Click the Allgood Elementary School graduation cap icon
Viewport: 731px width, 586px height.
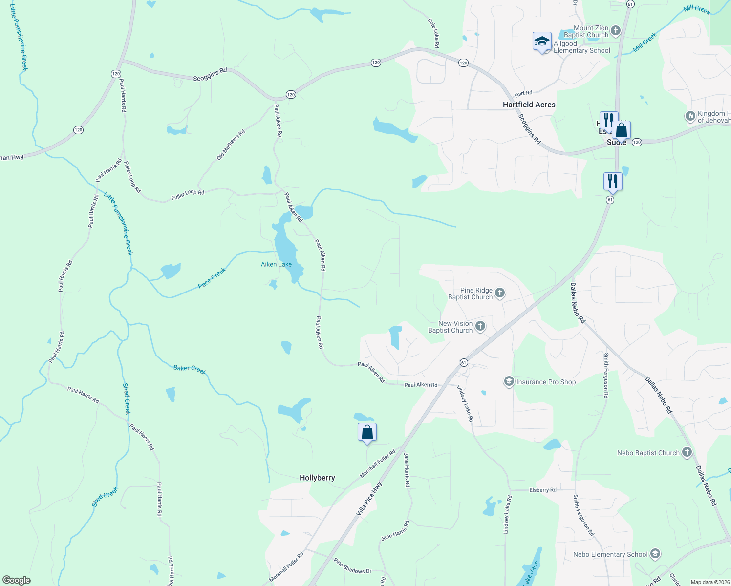tap(542, 42)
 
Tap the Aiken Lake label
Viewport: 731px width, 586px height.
tap(276, 264)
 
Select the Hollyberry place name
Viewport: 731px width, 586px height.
tap(317, 478)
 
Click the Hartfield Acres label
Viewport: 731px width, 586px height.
tap(529, 105)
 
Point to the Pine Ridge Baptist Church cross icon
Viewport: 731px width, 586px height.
tap(499, 293)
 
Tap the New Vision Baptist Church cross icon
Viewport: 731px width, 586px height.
tap(480, 326)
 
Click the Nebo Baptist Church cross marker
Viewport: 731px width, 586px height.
tap(687, 452)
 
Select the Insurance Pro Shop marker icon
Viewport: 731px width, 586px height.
tap(509, 381)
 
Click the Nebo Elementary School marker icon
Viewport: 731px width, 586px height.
tap(655, 554)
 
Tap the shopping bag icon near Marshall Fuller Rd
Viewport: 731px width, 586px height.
tap(367, 433)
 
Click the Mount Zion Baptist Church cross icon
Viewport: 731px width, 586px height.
tap(616, 31)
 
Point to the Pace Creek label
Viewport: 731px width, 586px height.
tap(212, 278)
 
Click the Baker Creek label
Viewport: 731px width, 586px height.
tap(190, 369)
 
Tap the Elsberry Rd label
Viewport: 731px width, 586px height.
tap(543, 490)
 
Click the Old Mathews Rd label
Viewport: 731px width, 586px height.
tap(231, 145)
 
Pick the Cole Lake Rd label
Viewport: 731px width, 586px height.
tap(433, 33)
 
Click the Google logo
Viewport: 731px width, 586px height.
tap(17, 580)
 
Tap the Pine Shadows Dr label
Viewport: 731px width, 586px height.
tap(353, 566)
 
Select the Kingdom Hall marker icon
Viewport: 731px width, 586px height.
tap(690, 116)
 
